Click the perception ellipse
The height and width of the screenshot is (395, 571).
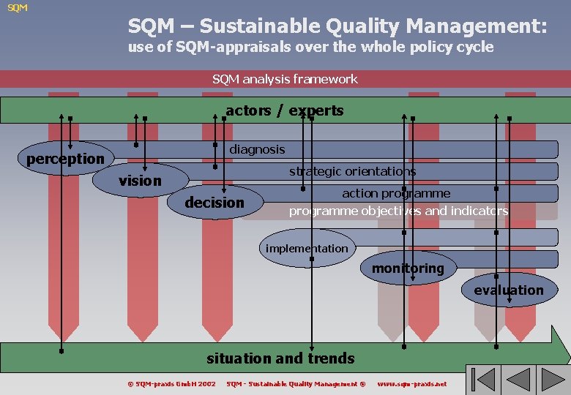click(x=65, y=159)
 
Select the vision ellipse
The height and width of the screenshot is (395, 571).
click(x=141, y=180)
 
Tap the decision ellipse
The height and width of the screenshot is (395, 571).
click(x=214, y=203)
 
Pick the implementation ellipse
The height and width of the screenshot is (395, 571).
click(x=307, y=249)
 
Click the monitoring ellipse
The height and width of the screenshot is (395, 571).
click(x=408, y=268)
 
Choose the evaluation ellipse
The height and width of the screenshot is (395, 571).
click(x=509, y=290)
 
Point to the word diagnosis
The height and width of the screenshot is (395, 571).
click(x=257, y=149)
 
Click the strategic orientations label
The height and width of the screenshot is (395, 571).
click(x=352, y=171)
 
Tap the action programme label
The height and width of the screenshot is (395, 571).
click(x=396, y=193)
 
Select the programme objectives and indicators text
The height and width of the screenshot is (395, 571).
click(x=398, y=211)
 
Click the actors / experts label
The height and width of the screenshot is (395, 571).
click(x=284, y=110)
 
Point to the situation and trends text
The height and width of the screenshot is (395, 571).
click(x=280, y=358)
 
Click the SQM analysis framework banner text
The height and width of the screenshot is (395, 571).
click(x=285, y=78)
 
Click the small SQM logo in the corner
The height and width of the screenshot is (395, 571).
click(x=18, y=8)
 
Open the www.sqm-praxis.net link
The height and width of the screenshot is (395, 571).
click(x=411, y=384)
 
